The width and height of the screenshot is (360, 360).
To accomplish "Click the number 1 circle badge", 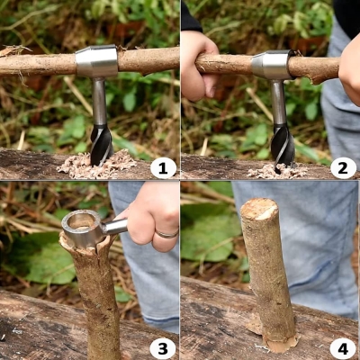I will coord(163,167).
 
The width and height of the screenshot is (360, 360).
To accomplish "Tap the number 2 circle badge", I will coord(343,167).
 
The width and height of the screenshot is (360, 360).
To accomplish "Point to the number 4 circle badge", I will coord(343,348).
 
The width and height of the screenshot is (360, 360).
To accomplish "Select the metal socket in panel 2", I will coord(273,65).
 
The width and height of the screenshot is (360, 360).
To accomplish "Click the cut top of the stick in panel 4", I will coord(259,209).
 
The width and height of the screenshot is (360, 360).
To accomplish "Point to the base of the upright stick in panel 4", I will coord(275,338).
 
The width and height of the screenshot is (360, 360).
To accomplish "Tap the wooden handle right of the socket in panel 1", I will coord(148,59).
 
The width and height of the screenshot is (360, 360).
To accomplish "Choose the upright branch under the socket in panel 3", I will coord(96,297).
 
